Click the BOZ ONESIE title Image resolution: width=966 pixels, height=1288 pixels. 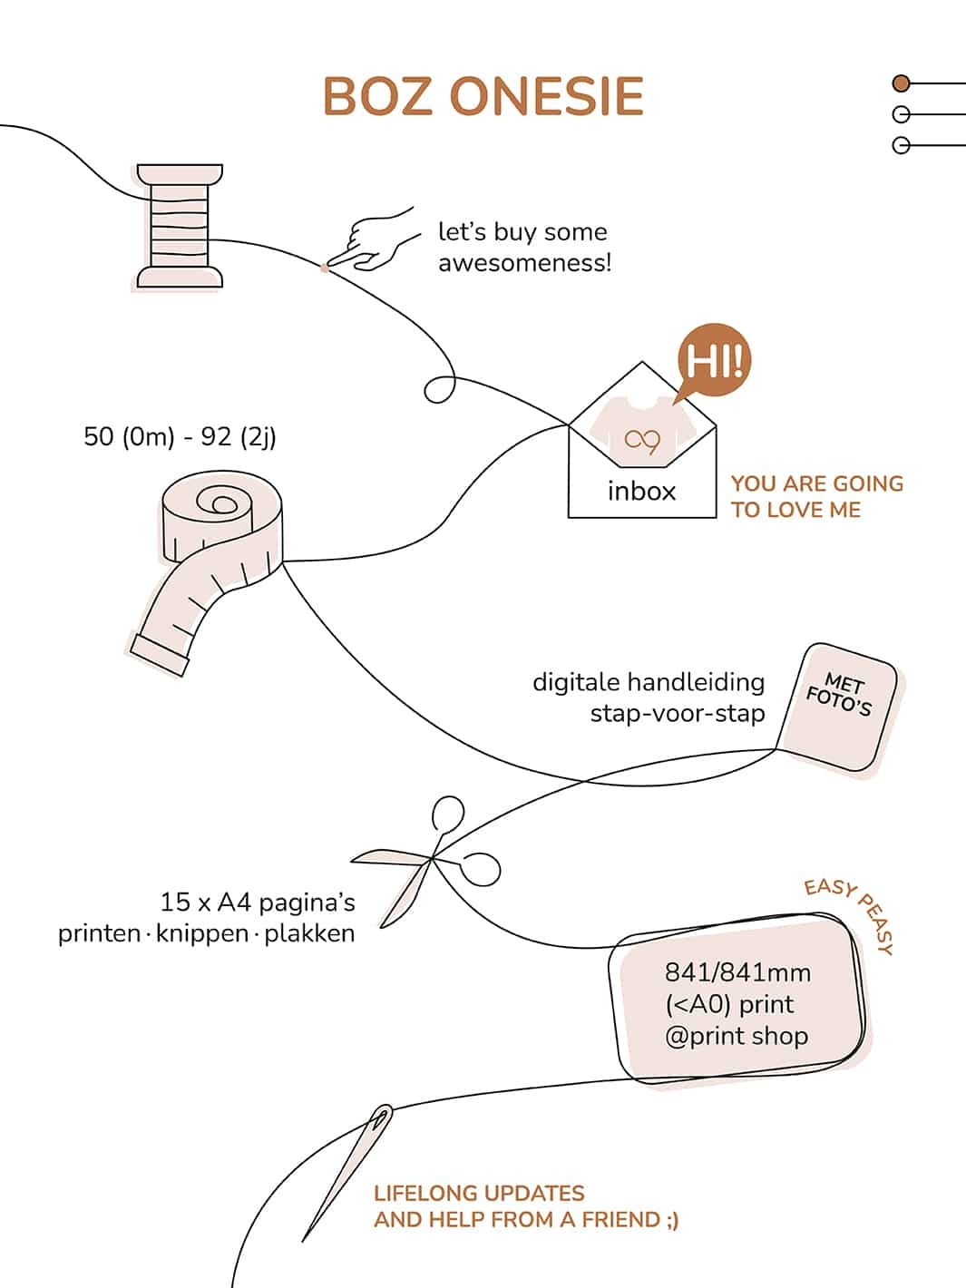click(x=483, y=97)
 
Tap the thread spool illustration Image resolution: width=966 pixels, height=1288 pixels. click(x=179, y=227)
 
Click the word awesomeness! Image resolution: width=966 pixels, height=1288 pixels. click(x=524, y=263)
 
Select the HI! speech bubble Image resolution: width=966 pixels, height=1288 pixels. click(x=715, y=362)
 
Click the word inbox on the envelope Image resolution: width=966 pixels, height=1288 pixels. click(x=641, y=491)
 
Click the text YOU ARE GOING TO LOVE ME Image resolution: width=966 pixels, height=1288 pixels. click(x=816, y=496)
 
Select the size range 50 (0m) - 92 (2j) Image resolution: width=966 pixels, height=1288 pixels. click(x=180, y=436)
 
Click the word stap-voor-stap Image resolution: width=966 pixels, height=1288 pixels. click(x=677, y=713)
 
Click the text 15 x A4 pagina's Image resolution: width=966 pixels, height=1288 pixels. click(x=258, y=903)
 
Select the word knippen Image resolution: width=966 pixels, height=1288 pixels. click(x=201, y=933)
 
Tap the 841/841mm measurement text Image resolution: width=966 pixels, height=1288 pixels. click(x=737, y=972)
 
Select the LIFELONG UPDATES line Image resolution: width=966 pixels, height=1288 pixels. click(x=479, y=1193)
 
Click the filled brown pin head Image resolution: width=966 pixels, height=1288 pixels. click(x=901, y=83)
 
